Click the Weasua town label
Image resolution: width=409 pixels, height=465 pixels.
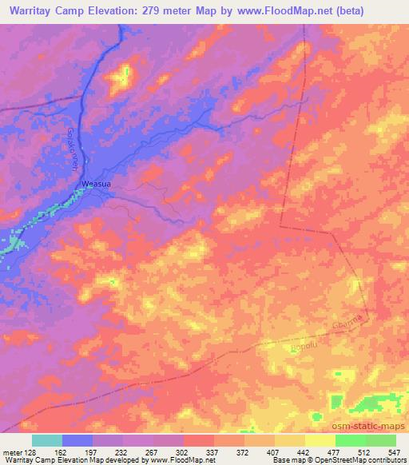95,184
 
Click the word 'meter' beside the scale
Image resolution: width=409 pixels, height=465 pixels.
12,451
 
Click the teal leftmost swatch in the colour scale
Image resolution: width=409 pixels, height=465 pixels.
47,440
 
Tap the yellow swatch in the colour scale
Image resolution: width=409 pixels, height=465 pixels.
320,440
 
